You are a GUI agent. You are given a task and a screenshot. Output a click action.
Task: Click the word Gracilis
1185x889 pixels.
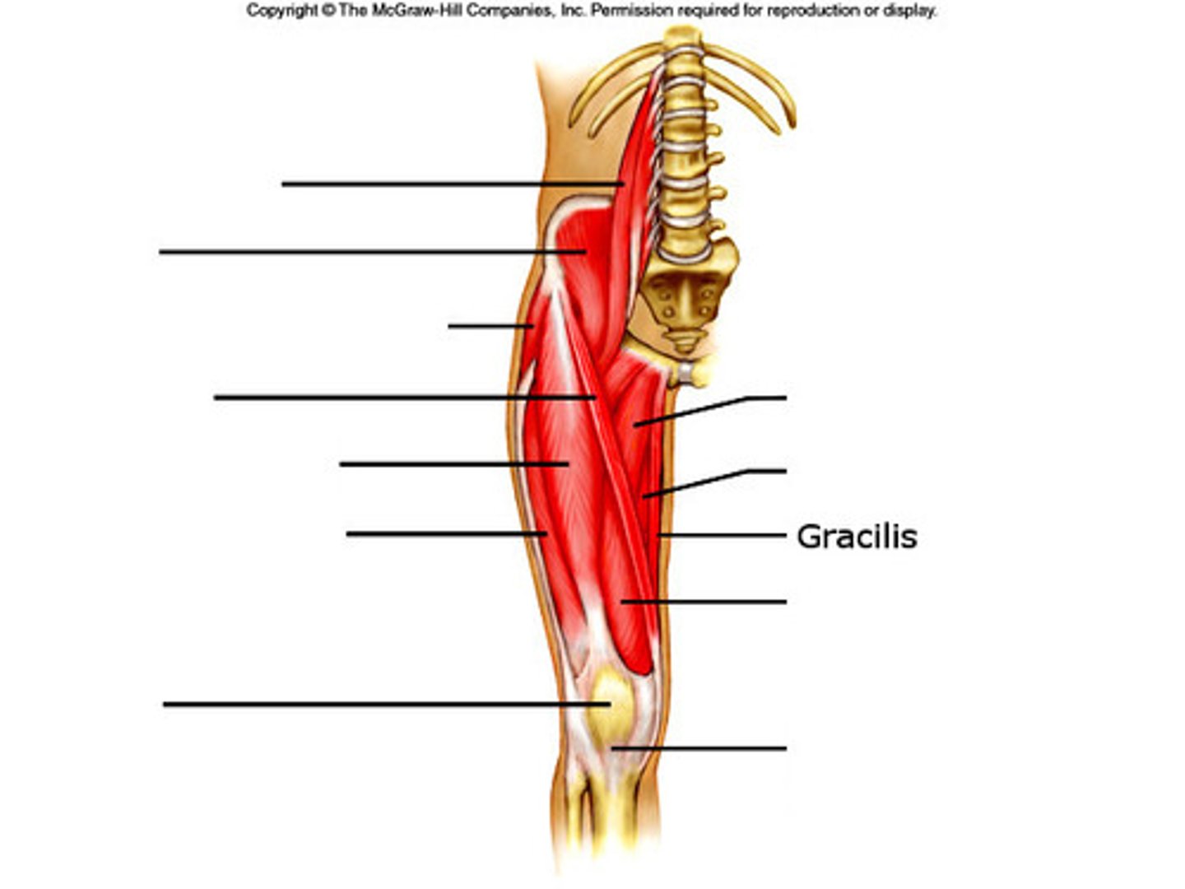[857, 537]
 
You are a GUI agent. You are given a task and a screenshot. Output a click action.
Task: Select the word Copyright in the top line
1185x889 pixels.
[281, 11]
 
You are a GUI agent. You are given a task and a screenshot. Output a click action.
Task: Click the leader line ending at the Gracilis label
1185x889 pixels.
[724, 536]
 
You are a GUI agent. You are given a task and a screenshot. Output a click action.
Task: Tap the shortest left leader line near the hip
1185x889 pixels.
[490, 326]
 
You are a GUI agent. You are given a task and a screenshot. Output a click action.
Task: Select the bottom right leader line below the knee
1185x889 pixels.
[699, 748]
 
